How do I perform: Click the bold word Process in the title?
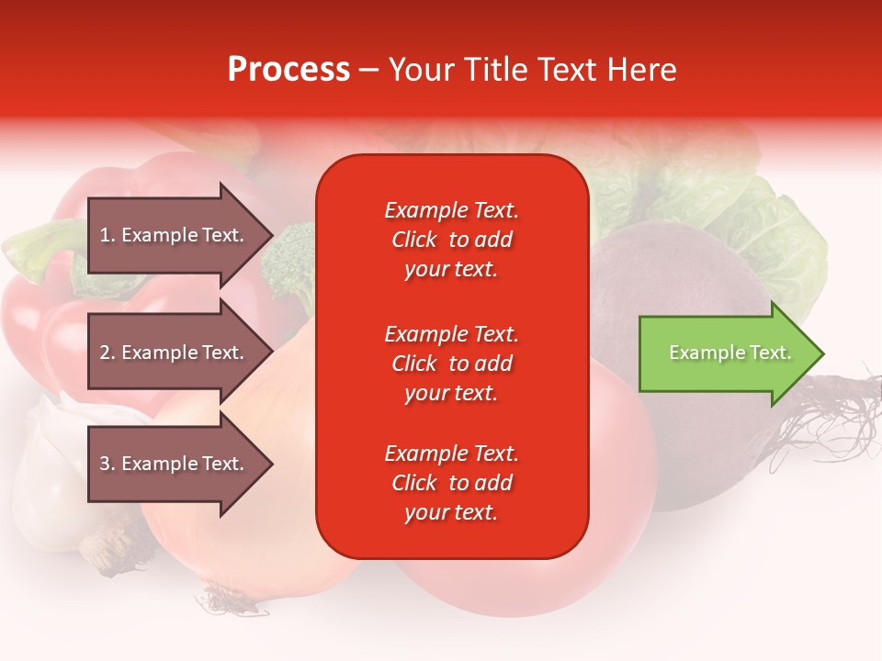point(288,70)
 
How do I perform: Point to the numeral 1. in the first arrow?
point(107,235)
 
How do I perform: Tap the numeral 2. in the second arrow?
point(107,353)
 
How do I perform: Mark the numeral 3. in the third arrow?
point(107,464)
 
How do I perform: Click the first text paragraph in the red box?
point(451,240)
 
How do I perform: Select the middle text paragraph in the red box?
point(451,364)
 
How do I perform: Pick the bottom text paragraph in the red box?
point(451,483)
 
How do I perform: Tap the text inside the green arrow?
point(730,353)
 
